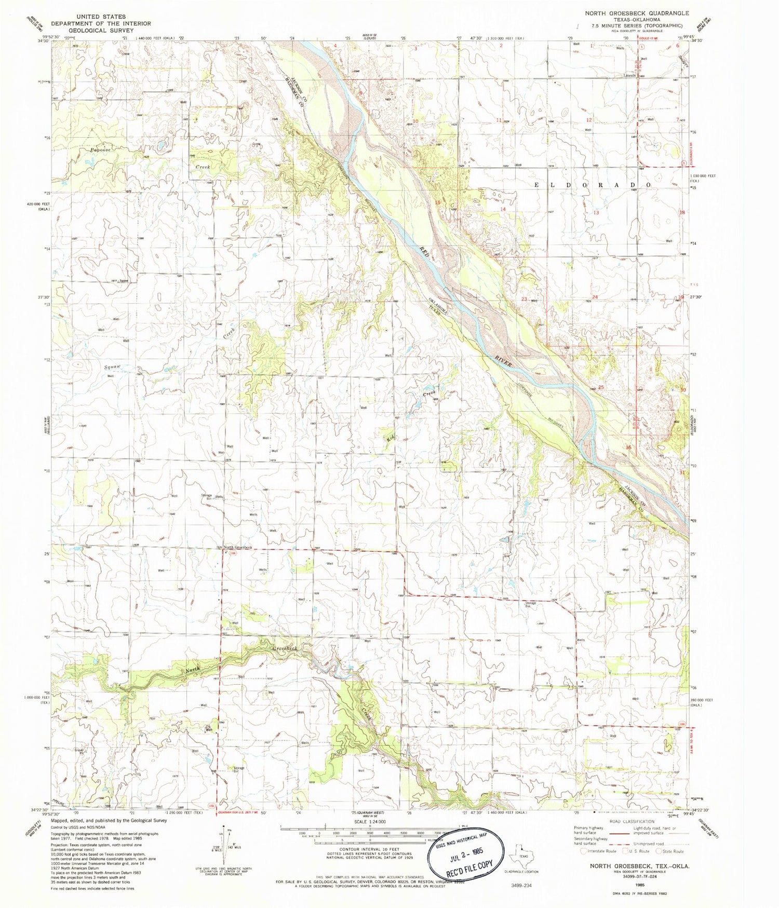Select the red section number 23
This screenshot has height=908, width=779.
pyautogui.click(x=525, y=299)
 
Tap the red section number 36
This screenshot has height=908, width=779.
pyautogui.click(x=629, y=448)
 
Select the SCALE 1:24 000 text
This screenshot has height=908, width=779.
pyautogui.click(x=371, y=822)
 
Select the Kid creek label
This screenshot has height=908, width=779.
pyautogui.click(x=389, y=439)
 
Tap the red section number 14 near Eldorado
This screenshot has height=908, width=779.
pyautogui.click(x=502, y=209)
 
